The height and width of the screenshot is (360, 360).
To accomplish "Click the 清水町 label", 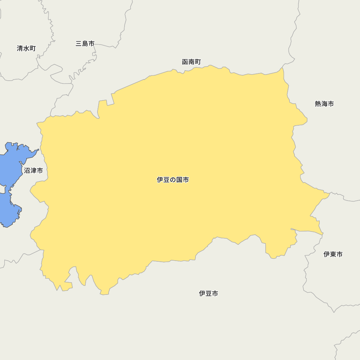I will pos(26,48).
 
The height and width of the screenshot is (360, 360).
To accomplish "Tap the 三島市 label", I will pos(85,44).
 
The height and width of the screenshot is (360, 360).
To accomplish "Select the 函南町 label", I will pos(192,62).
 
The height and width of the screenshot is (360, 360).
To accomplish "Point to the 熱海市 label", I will pos(324,104).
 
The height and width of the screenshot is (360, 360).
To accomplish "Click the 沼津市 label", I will pos(33,171).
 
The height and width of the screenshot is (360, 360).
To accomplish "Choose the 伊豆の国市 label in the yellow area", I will pos(173,180).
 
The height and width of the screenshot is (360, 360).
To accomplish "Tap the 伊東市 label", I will pos(333,254).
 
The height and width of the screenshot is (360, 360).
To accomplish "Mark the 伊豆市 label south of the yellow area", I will pos(208,293).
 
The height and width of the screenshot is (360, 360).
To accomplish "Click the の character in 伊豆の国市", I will pos(173,180).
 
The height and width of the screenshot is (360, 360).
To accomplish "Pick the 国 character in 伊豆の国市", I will pos(179,180).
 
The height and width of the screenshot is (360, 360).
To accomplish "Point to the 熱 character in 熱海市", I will pos(318,104).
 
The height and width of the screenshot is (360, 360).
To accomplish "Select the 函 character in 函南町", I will pos(185,62).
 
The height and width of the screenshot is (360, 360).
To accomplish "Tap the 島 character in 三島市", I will pos(85,44).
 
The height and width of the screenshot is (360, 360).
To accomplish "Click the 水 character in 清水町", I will pos(26,48).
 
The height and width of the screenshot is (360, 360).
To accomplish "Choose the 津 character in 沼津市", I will pos(33,171).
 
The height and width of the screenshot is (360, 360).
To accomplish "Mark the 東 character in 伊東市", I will pos(333,254).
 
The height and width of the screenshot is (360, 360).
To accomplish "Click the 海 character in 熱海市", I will pos(324,104).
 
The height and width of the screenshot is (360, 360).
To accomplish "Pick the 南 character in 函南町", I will pos(192,62).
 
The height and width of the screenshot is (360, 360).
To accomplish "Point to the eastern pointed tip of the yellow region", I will pos(329,194).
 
